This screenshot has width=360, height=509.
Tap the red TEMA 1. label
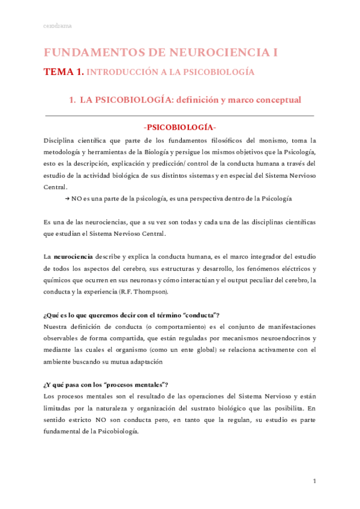[63, 72]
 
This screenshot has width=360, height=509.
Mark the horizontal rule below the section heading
[180, 115]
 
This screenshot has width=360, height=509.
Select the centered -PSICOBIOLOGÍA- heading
[180, 128]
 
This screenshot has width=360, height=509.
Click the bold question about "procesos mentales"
[106, 385]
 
